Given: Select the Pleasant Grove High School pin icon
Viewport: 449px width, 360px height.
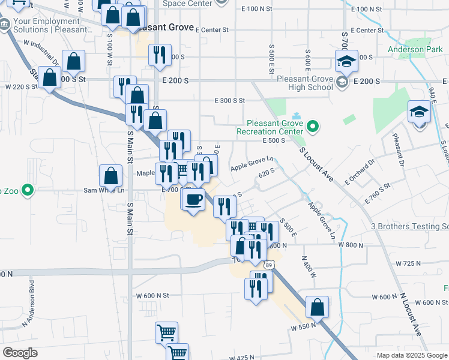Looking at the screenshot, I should point(342,82).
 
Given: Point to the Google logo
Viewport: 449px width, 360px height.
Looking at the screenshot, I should point(20,353).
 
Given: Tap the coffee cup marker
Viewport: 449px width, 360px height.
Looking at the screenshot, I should point(193,199).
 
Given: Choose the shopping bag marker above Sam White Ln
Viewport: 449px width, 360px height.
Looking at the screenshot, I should point(111,176).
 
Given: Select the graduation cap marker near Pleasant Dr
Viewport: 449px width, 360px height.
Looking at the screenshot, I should point(419,112).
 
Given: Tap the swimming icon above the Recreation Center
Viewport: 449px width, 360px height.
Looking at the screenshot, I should point(295,116).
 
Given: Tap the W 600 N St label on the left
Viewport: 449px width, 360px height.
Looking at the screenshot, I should point(153,295).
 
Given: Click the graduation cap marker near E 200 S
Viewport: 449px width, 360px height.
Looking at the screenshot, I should point(346,61).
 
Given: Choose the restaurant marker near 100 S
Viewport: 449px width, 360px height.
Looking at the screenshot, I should point(160,55).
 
